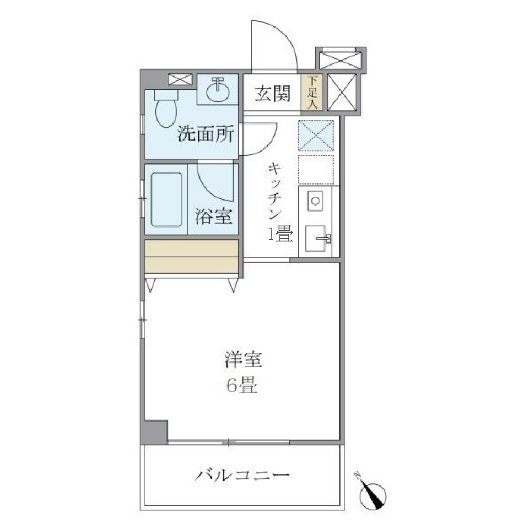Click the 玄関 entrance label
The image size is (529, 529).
272,95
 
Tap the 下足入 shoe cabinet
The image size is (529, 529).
312,93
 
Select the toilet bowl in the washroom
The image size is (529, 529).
165,112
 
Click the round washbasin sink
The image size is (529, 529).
219,90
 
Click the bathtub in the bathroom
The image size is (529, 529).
166,199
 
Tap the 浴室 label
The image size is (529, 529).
213,217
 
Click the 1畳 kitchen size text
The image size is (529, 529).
279,235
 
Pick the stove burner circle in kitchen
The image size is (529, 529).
315,200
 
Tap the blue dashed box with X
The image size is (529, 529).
316,134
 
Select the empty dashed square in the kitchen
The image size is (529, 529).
316,170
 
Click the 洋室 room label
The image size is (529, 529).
242,361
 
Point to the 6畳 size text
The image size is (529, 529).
241,387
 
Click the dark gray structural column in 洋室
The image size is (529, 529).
155,431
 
